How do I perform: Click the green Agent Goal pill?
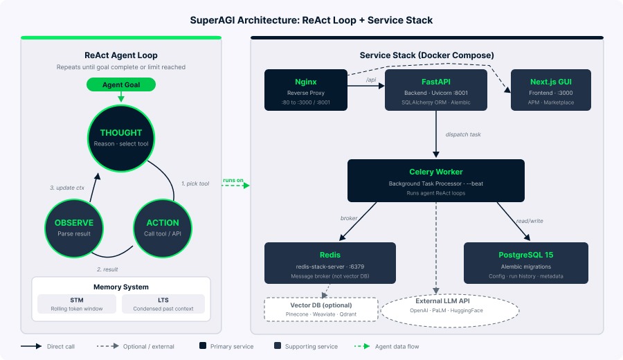point(120,84)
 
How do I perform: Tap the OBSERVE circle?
point(74,228)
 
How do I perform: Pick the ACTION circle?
point(163,228)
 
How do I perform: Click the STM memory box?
point(77,304)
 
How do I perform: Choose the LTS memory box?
point(163,304)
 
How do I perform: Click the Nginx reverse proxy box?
point(305,90)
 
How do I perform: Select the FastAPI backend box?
point(435,90)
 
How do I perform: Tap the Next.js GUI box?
point(550,90)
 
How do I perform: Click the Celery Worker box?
point(435,181)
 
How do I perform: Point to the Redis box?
point(329,264)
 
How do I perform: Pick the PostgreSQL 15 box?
point(525,264)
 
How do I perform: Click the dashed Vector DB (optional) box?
point(320,309)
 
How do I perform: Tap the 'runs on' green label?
point(233,181)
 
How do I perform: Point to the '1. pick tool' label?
point(195,183)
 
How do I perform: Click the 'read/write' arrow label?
point(530,221)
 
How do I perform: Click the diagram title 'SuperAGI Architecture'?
point(311,20)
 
